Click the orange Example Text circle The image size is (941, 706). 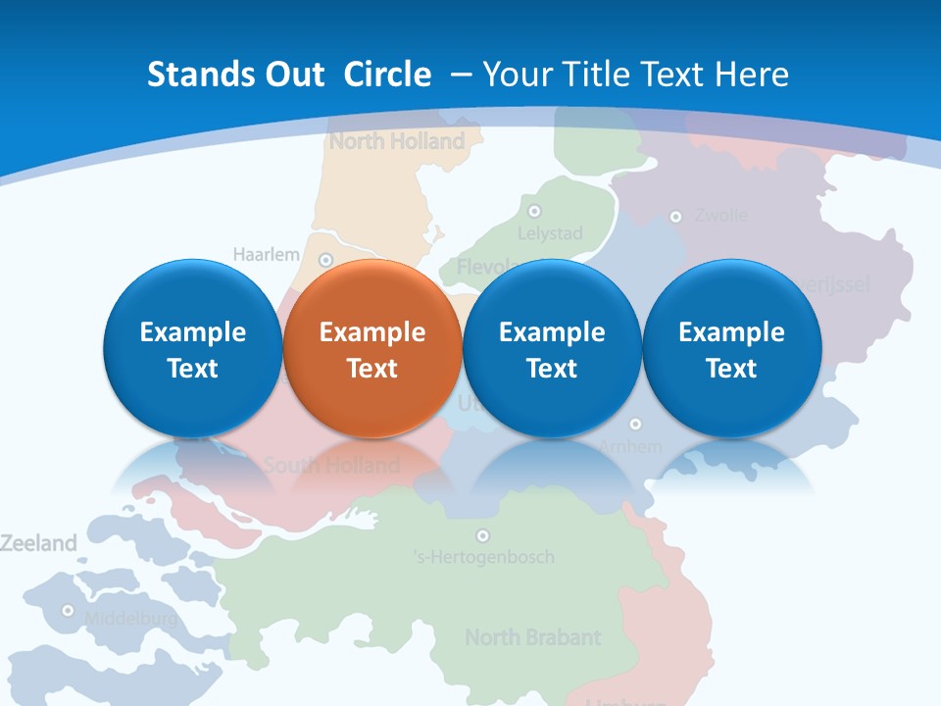[371, 349]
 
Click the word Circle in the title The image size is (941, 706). [387, 75]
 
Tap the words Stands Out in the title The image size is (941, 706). [235, 75]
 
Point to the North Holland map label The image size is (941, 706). [397, 141]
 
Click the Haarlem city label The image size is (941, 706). [266, 255]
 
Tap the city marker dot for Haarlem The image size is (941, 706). [326, 260]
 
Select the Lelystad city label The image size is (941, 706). [550, 233]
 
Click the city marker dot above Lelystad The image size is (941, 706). [534, 211]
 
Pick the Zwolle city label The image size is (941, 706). [720, 215]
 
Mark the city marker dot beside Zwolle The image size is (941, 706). [675, 217]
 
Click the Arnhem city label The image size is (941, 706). [630, 447]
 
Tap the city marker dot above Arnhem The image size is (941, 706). [635, 424]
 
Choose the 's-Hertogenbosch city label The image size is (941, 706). [483, 557]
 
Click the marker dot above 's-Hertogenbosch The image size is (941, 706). [482, 535]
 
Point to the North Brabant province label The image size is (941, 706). [532, 637]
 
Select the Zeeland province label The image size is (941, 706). [38, 543]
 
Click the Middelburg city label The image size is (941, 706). [131, 619]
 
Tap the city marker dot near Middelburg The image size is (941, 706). [68, 610]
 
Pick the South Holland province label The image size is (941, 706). [331, 465]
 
